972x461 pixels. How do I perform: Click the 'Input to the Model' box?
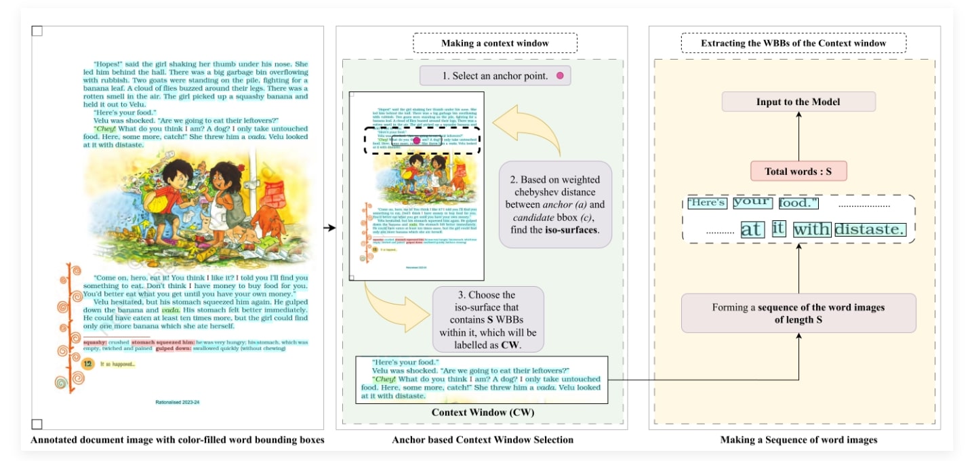click(x=798, y=102)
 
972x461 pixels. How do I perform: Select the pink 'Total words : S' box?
click(x=798, y=172)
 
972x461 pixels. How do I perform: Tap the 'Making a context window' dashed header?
click(x=495, y=43)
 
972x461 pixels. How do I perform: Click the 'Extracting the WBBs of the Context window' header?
click(x=792, y=43)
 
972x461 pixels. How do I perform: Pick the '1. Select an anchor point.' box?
click(x=495, y=76)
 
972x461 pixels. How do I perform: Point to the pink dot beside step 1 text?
click(x=560, y=76)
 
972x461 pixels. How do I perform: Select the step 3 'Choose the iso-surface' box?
click(x=488, y=319)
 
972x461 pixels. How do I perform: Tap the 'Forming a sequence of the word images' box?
click(x=798, y=313)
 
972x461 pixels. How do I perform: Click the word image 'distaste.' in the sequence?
click(x=870, y=230)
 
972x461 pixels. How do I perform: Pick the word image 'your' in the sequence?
click(x=752, y=202)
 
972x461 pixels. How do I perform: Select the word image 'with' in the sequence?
click(x=811, y=230)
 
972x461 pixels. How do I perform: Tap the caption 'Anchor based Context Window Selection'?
click(x=483, y=440)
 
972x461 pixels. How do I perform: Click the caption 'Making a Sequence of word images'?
click(x=798, y=440)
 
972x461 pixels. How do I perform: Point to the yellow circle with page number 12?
click(x=87, y=364)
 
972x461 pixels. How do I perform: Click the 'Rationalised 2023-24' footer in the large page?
click(x=178, y=402)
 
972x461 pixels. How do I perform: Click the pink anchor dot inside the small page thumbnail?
click(x=407, y=140)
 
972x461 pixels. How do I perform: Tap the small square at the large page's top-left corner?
click(x=37, y=31)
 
